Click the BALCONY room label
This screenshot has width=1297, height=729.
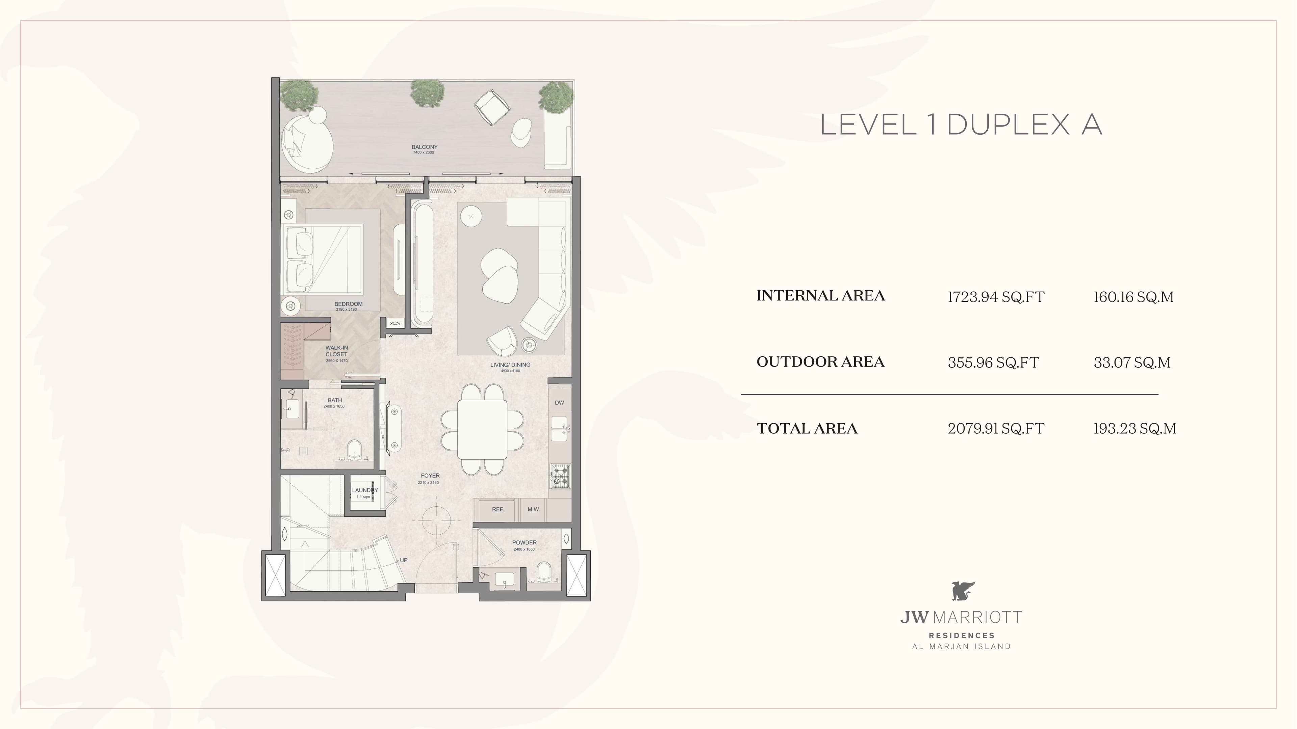tap(425, 147)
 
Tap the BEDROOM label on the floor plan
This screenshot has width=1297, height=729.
tap(349, 304)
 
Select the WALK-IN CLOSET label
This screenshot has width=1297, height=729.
tap(336, 351)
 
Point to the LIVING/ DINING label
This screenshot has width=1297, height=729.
tap(510, 365)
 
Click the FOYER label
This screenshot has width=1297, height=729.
tap(430, 476)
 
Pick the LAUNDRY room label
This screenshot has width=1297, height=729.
tap(364, 490)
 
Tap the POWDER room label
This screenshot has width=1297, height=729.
tap(524, 542)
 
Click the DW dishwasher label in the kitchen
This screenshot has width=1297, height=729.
tap(559, 403)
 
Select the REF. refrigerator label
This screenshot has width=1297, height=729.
tap(498, 509)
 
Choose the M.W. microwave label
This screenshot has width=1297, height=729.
tap(534, 509)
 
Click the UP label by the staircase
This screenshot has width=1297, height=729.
tap(404, 560)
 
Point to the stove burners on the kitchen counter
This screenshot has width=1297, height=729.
tap(560, 476)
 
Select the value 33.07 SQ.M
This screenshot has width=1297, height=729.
tap(1132, 362)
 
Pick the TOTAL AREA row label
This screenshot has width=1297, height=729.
tap(807, 428)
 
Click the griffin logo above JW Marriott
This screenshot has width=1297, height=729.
tap(963, 591)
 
